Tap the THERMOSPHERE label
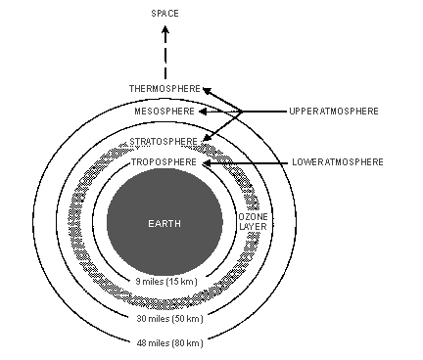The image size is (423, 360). [164, 89]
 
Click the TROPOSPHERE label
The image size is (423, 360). [164, 161]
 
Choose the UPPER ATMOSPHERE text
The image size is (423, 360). [334, 112]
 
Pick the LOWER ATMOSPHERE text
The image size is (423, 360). [336, 161]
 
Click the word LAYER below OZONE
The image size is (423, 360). [251, 227]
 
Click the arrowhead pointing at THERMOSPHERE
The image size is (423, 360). [207, 90]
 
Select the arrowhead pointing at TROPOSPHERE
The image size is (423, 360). [206, 161]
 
